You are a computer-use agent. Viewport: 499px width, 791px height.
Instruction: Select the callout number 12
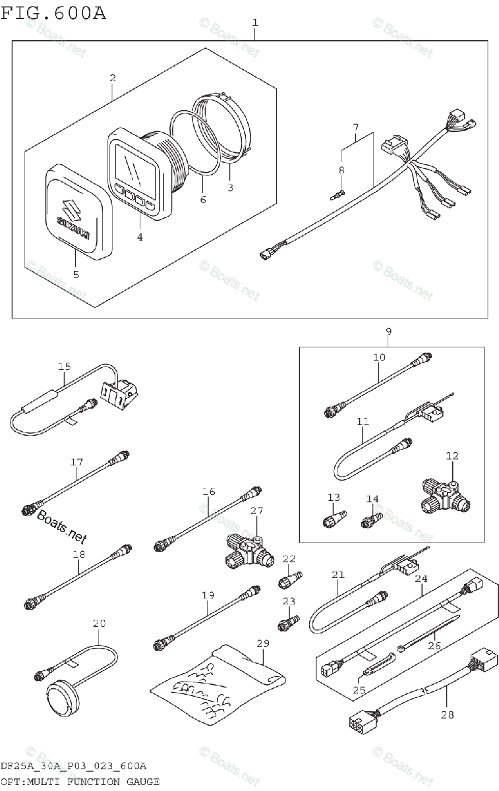tap(452, 455)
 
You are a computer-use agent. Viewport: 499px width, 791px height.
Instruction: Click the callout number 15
tap(63, 367)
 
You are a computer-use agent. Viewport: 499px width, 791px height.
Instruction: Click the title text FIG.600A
tap(53, 13)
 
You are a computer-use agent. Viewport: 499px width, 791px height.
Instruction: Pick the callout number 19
tap(208, 595)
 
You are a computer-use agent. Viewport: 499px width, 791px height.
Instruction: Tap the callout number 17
tap(76, 463)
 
